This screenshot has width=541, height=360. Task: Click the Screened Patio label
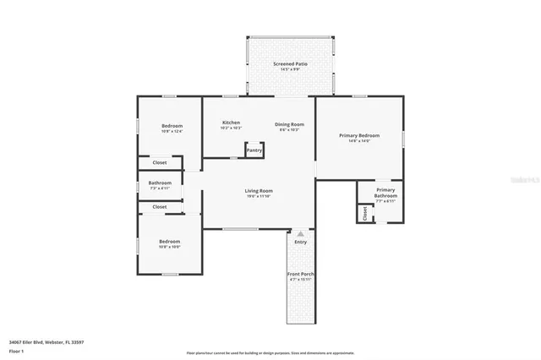290,64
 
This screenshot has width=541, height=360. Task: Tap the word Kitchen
231,123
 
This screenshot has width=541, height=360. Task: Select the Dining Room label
289,124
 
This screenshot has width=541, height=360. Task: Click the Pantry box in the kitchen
254,150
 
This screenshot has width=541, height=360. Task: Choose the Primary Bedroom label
358,135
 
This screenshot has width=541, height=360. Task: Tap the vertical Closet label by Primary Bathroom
364,214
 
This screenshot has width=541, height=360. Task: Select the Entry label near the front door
300,243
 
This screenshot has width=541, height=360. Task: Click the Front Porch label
300,274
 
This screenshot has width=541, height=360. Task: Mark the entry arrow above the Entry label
299,232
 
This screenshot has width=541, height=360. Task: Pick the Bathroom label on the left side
160,183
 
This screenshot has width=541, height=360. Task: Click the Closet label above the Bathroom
160,162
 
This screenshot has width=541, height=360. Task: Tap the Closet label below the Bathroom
160,206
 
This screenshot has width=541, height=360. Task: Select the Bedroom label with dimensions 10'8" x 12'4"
172,126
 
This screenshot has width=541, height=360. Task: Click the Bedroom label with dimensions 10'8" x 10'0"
170,242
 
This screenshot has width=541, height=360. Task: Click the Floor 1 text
16,350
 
